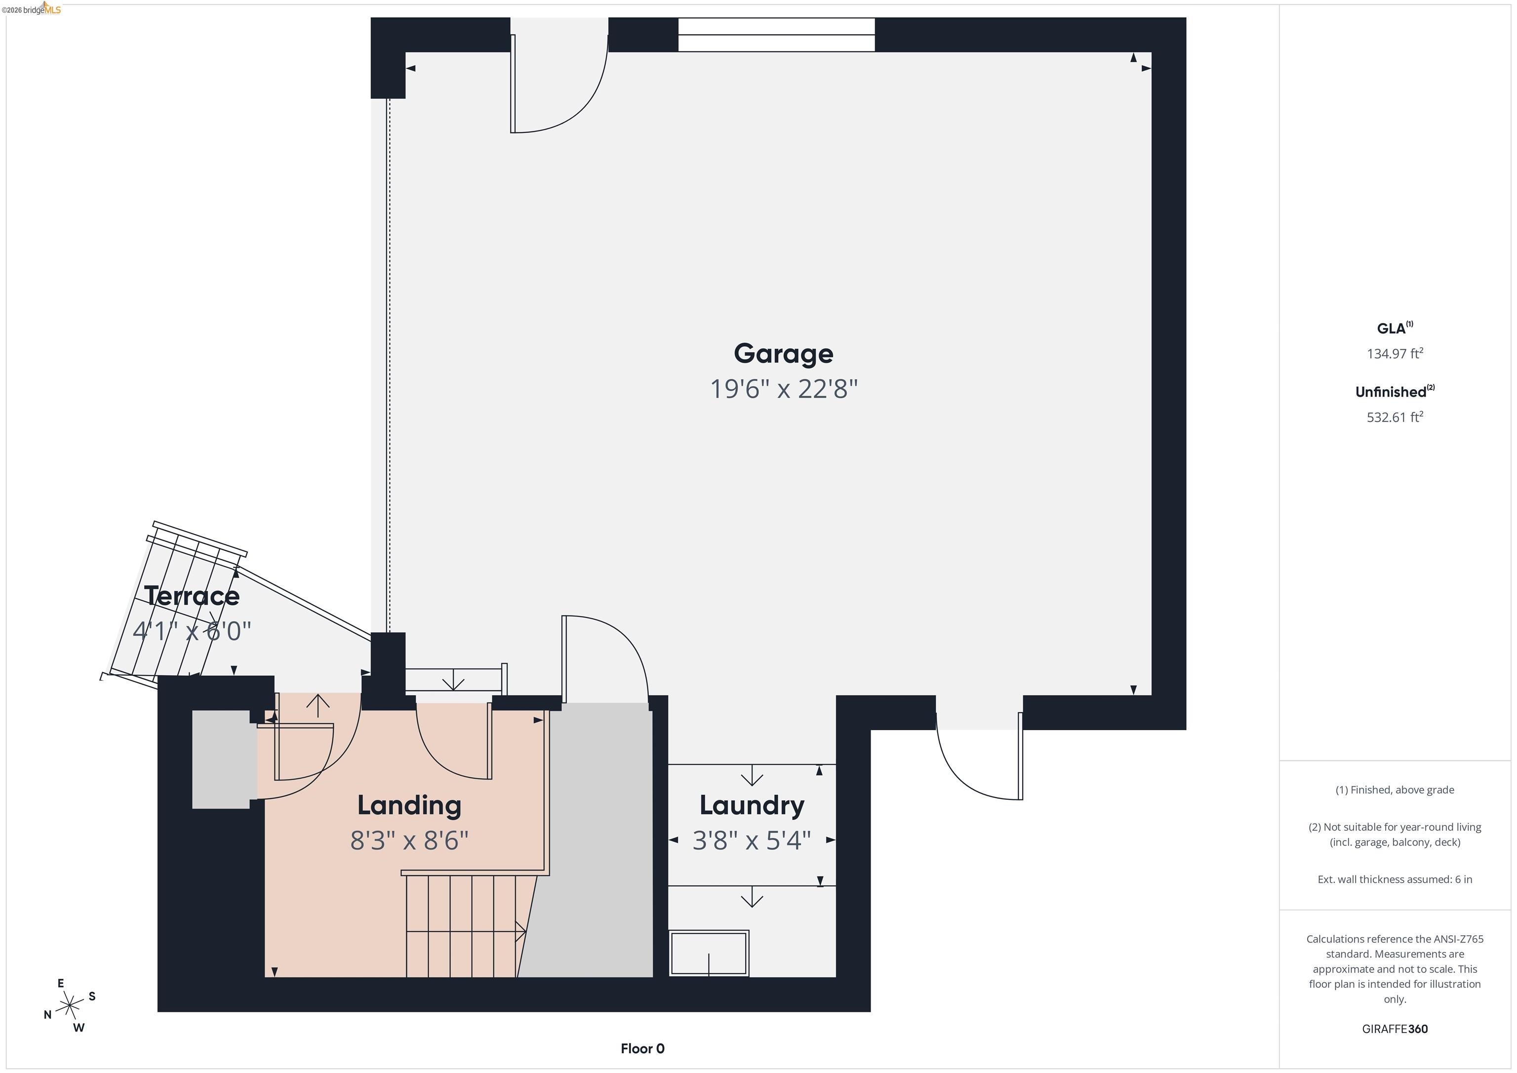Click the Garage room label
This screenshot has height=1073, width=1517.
tap(783, 354)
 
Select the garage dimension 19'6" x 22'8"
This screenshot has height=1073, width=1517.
tap(783, 389)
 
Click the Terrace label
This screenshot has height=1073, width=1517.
tap(192, 596)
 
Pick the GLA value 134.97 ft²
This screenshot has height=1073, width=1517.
tap(1394, 353)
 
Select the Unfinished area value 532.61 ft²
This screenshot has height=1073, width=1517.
tap(1394, 416)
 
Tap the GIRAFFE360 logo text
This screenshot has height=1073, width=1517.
tap(1394, 1029)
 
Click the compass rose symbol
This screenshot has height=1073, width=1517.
tap(69, 1005)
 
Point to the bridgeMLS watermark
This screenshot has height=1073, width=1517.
tap(32, 9)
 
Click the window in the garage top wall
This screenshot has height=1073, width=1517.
tap(776, 35)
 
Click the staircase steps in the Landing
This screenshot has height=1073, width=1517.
tap(461, 926)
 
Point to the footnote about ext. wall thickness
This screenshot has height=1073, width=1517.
tap(1394, 879)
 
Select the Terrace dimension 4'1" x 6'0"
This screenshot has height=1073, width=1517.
tap(192, 631)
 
